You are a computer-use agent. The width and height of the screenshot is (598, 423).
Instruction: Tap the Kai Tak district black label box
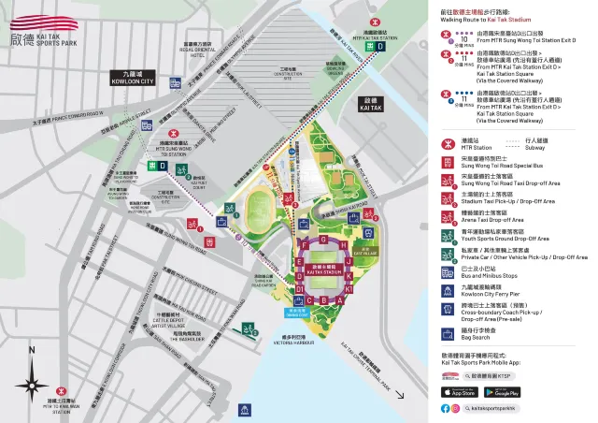point(370,104)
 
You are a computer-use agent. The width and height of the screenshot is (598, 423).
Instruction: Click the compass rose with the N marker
point(33,380)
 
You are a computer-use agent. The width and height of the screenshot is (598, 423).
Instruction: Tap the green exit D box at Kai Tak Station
point(379,46)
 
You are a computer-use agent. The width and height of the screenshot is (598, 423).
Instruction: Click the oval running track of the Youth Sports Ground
point(263,206)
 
